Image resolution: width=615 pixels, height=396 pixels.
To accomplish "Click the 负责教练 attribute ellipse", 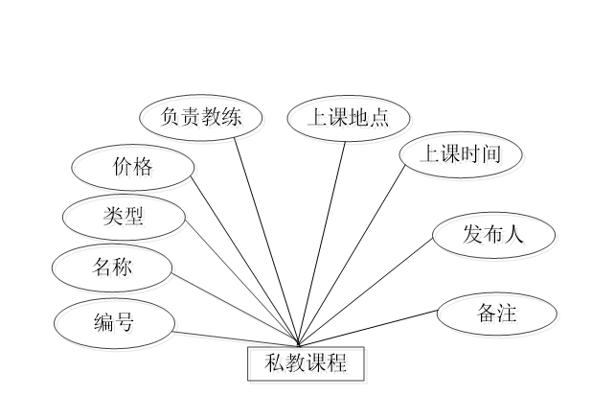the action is [202, 120].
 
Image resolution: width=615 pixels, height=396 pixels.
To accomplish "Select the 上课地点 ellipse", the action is [351, 120].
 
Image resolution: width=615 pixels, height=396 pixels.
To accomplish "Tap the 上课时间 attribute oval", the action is [463, 156].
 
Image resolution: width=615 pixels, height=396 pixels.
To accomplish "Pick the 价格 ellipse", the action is [135, 171].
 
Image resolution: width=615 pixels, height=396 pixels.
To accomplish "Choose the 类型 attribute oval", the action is [125, 220].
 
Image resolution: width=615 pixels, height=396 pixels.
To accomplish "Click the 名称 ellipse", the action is [115, 270].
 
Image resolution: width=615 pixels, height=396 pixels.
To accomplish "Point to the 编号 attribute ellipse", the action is [117, 325].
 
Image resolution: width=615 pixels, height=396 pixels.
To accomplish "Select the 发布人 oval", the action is [495, 237].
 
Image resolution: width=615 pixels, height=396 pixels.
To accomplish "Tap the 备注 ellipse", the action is [498, 315].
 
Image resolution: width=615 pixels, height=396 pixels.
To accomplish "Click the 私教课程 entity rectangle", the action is [308, 365].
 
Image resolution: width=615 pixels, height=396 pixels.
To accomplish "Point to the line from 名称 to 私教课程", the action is [235, 309].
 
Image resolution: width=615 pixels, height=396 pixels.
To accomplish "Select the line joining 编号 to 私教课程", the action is [235, 338].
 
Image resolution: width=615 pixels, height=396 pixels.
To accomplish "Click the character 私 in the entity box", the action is [277, 365].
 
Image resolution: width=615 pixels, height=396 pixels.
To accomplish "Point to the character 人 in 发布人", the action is [517, 237].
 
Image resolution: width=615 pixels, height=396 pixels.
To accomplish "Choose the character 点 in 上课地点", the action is [382, 120].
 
